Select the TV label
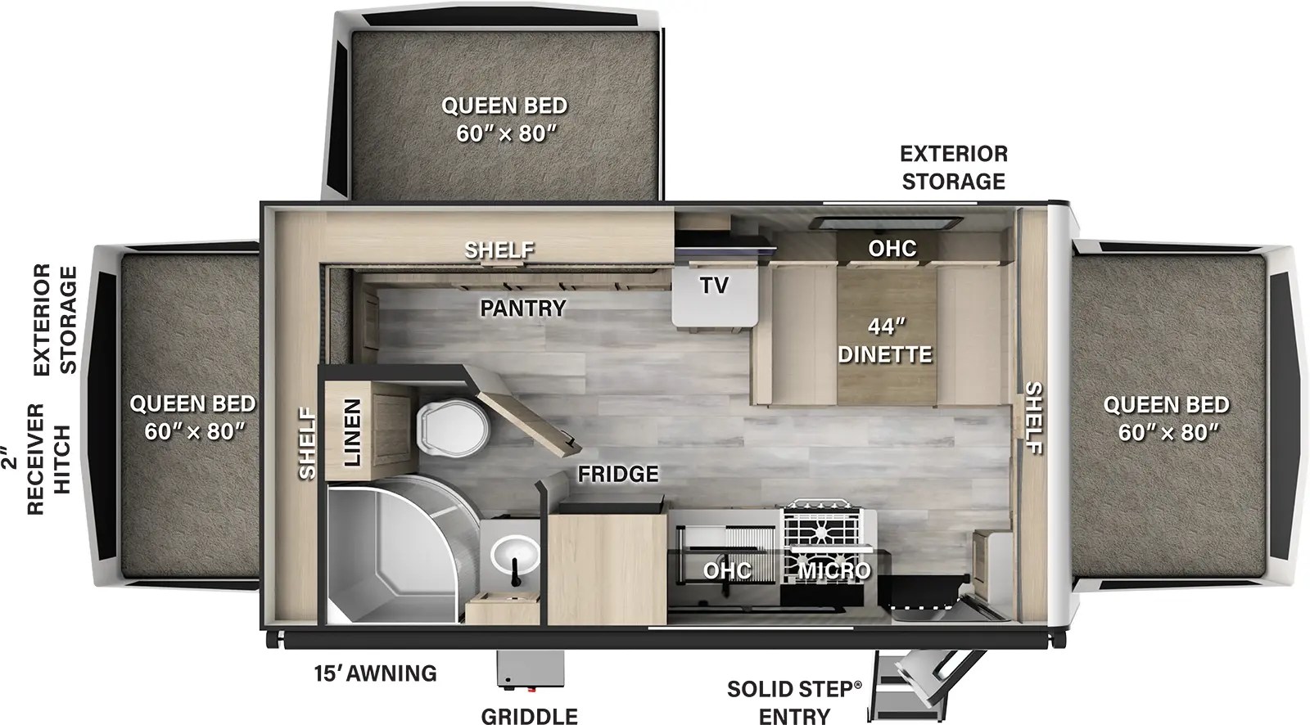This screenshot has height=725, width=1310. [713, 285]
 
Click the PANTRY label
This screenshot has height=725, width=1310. [523, 308]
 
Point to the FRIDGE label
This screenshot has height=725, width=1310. [617, 474]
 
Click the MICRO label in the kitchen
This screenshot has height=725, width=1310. [834, 570]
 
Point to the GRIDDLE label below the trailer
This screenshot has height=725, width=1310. [529, 716]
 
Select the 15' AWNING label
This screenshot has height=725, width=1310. [375, 673]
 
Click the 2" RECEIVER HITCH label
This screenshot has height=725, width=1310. [49, 457]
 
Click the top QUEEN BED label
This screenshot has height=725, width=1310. [504, 119]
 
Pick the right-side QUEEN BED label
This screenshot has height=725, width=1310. [1165, 417]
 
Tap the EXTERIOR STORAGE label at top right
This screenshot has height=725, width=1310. [953, 167]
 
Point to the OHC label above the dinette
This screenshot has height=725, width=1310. [892, 247]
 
